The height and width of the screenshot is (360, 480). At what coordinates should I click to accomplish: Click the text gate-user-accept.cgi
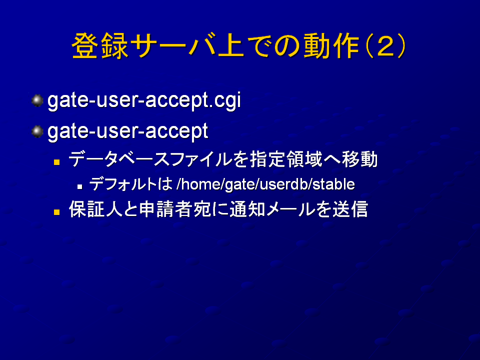click(x=144, y=100)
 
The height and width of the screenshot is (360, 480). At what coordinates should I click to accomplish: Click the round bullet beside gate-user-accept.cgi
click(x=37, y=100)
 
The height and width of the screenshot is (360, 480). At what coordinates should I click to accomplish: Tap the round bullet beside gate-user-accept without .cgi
click(x=37, y=131)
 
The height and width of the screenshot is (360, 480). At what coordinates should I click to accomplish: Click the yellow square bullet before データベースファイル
click(x=56, y=161)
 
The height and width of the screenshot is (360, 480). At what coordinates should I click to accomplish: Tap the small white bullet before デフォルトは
click(x=80, y=186)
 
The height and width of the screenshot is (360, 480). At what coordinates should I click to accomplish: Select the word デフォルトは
click(x=131, y=184)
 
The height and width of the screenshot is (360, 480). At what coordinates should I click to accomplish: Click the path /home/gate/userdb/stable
click(x=265, y=184)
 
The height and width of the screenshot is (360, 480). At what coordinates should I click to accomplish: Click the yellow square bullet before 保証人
click(x=56, y=212)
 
